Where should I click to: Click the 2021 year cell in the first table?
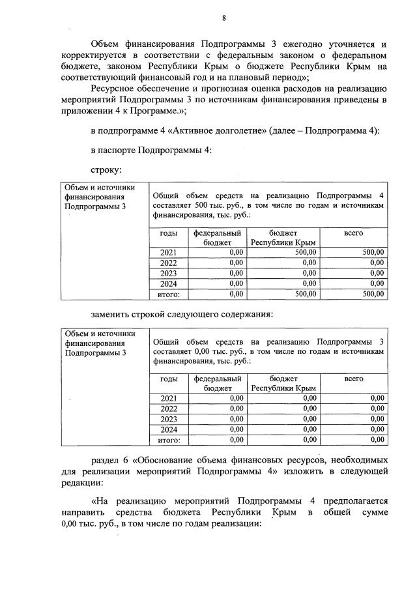(168, 252)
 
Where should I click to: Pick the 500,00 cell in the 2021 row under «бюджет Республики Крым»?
(304, 252)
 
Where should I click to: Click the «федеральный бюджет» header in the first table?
(217, 237)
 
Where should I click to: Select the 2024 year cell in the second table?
(168, 429)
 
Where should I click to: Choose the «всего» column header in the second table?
(354, 379)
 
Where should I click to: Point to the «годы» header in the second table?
(168, 379)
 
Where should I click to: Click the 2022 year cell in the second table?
(168, 409)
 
